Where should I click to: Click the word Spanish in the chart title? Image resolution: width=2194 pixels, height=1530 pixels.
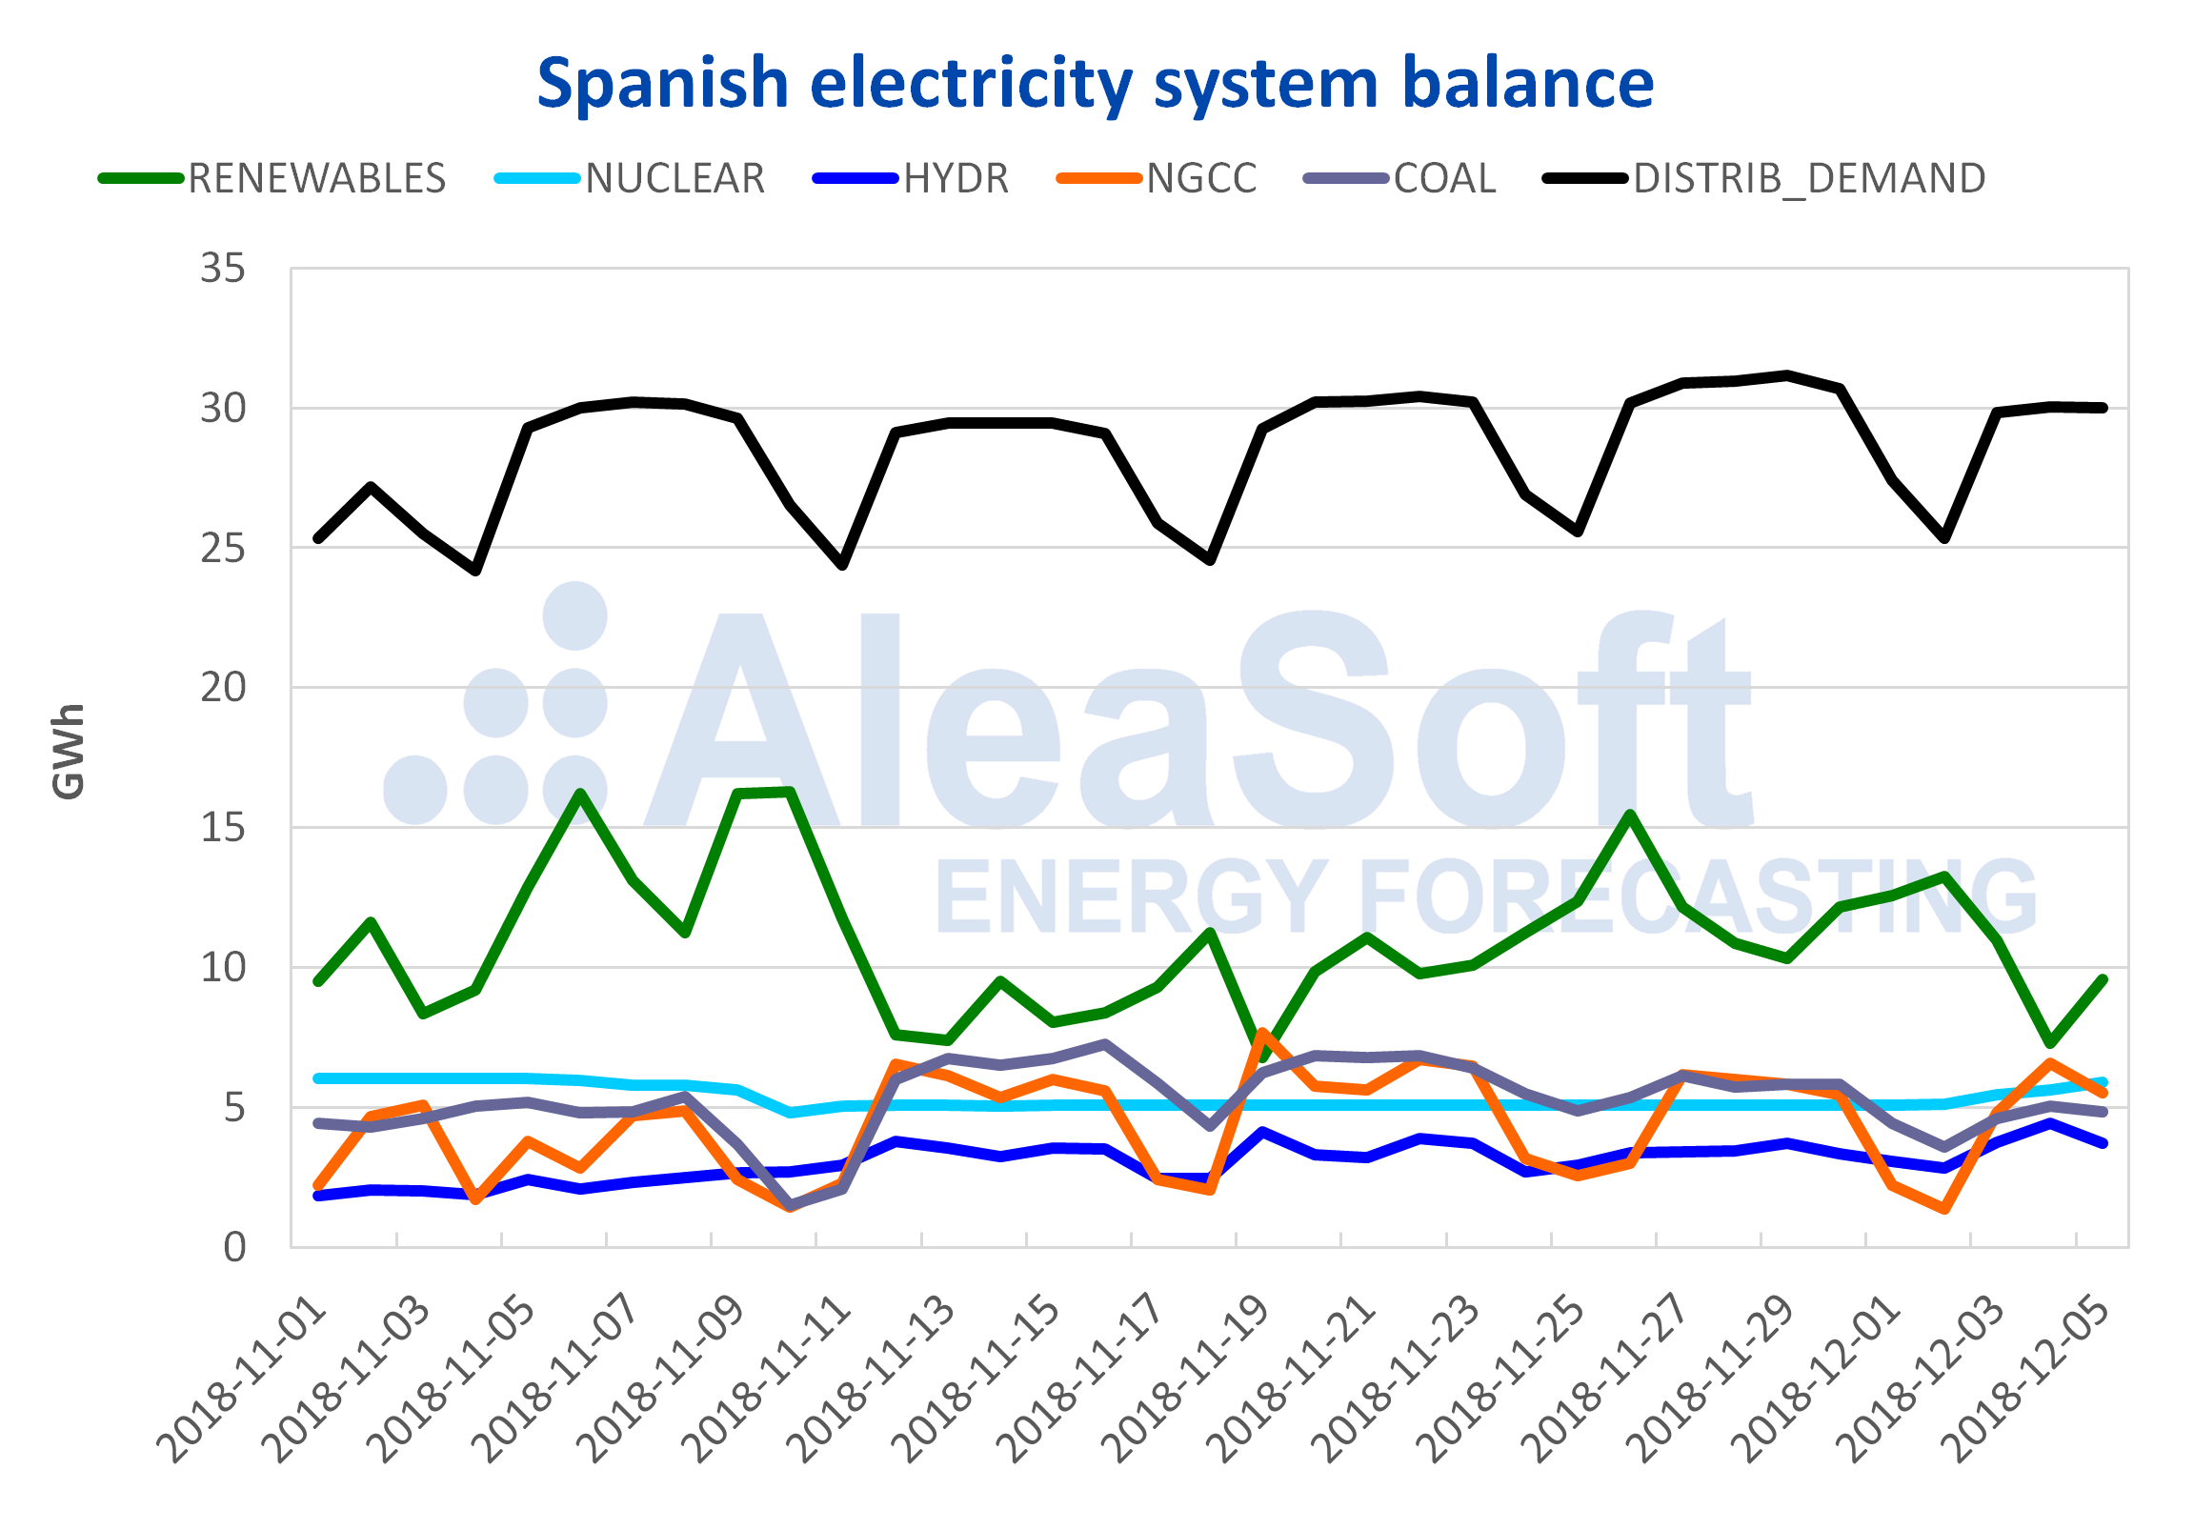[x=661, y=83]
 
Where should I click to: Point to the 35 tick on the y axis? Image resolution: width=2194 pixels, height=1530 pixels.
[x=223, y=269]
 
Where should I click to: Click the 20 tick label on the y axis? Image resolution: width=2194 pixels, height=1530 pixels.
[x=223, y=687]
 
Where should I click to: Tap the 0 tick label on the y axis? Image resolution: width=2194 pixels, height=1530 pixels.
[x=234, y=1247]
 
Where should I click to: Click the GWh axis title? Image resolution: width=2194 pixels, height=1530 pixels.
[x=68, y=751]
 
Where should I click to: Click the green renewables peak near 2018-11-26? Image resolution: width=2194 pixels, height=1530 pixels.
[x=1630, y=815]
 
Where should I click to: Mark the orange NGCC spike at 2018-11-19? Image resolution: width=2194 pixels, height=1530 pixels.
[x=1262, y=1033]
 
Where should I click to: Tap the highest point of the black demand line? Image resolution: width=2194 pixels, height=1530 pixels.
[x=1787, y=374]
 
